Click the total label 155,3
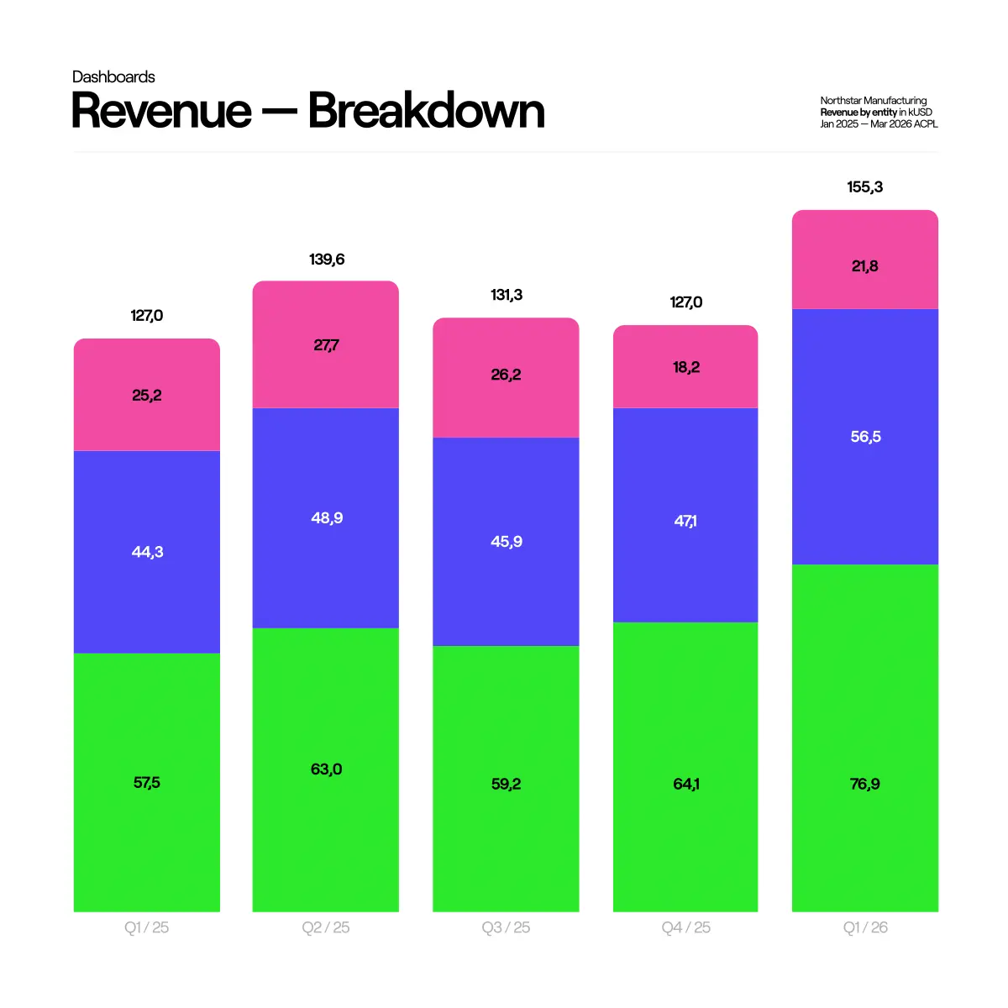[x=865, y=187]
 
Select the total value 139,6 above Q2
[x=327, y=260]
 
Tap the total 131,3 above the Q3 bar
[x=507, y=295]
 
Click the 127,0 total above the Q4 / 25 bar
[x=686, y=302]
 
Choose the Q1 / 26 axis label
[x=865, y=927]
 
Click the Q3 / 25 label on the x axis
[x=506, y=927]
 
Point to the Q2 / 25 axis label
[x=326, y=927]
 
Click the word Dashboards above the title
[x=113, y=77]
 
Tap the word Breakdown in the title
[x=426, y=111]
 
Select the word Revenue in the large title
[x=161, y=111]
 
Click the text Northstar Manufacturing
[x=874, y=101]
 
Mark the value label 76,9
[x=865, y=784]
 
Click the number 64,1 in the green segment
[x=686, y=784]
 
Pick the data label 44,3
[x=147, y=552]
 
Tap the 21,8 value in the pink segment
[x=865, y=266]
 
